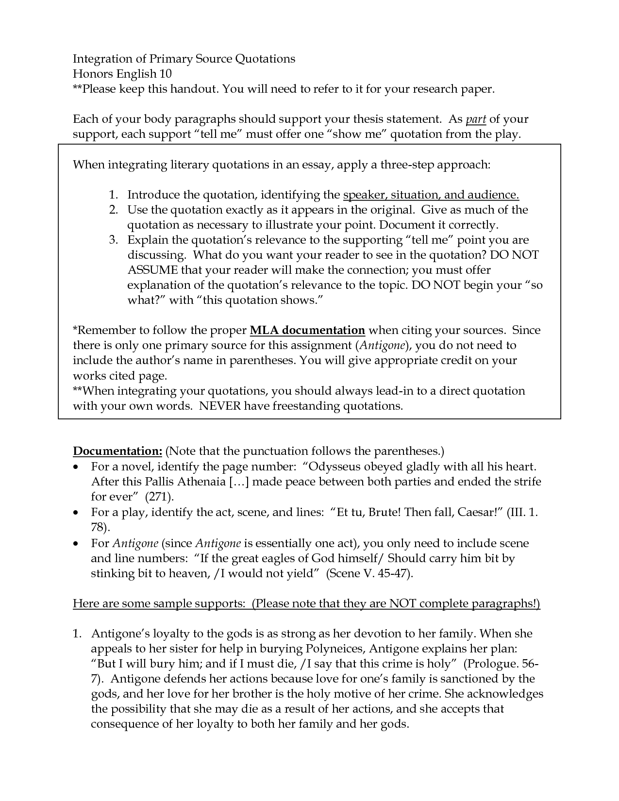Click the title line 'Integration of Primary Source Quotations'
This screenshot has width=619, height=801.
(x=184, y=59)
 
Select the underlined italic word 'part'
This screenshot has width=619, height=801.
(x=476, y=119)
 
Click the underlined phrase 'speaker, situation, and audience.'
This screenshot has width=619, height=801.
(x=431, y=195)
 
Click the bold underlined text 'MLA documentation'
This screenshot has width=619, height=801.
(x=307, y=331)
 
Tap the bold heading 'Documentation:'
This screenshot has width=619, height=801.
(x=117, y=451)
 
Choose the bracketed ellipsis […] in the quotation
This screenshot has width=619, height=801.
(x=238, y=482)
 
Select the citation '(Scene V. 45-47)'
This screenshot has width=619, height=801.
(x=370, y=573)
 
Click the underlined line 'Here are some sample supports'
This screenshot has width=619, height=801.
(x=306, y=604)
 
